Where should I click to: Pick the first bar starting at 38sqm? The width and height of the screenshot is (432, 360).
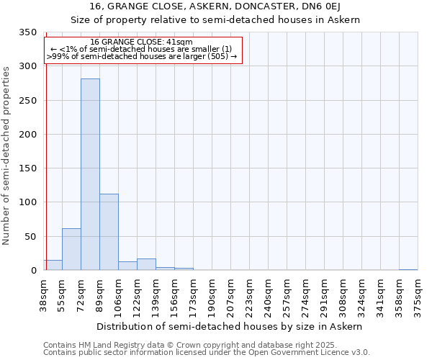coord(53,265)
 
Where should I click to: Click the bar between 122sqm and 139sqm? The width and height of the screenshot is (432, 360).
coord(146,264)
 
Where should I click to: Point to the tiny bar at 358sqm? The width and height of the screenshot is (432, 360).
coord(408,269)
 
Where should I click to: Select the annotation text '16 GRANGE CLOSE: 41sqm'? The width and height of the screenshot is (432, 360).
coord(142,42)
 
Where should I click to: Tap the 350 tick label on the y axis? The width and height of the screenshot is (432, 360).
coord(27,32)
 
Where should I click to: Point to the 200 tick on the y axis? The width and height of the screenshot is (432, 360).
coord(27,135)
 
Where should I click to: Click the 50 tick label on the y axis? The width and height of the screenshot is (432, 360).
coord(30,237)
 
